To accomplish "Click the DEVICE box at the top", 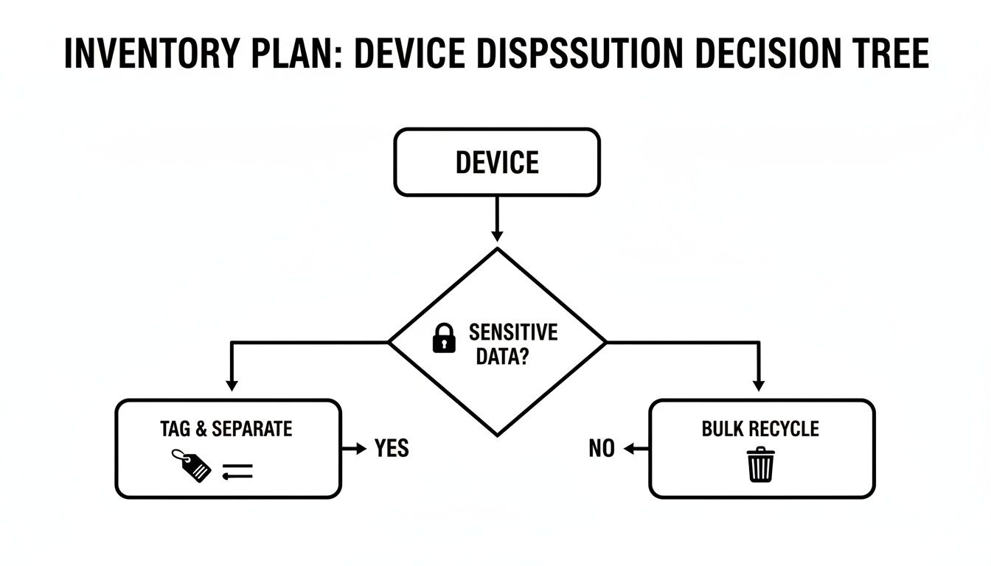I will [497, 162].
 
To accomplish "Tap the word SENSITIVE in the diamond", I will [513, 332].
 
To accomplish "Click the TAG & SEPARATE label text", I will [226, 429].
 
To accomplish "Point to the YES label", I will [391, 448].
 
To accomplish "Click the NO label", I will [602, 448].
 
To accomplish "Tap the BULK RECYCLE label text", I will [760, 429].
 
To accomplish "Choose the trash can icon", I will [760, 466].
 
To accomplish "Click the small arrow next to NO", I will [634, 448].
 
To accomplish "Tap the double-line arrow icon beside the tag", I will [237, 472].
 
